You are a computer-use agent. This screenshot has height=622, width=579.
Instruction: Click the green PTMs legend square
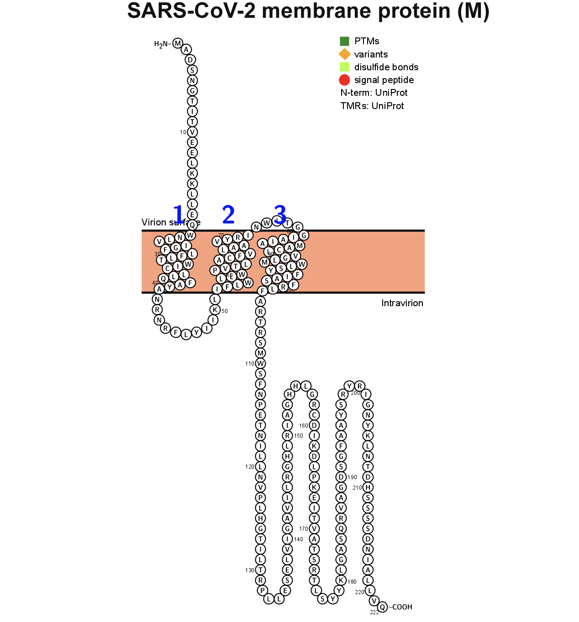[344, 42]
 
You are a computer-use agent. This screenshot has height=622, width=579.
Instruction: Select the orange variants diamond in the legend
[344, 54]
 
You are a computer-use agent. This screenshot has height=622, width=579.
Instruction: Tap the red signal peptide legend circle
[344, 80]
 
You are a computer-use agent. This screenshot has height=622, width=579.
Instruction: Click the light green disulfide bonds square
[344, 67]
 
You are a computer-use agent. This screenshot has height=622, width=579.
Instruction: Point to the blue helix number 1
[178, 214]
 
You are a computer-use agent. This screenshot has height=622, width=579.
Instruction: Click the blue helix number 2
[228, 214]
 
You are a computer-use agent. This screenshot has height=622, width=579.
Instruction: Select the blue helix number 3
[280, 214]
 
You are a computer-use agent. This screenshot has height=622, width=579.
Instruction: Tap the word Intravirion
[402, 303]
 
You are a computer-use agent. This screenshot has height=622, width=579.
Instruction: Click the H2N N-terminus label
[162, 44]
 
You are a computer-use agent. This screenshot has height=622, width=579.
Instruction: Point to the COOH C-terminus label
[402, 607]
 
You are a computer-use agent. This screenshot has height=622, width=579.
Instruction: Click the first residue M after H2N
[178, 43]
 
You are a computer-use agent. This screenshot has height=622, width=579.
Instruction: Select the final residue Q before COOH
[383, 606]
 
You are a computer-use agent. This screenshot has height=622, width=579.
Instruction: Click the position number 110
[250, 364]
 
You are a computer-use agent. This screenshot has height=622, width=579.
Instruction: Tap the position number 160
[304, 426]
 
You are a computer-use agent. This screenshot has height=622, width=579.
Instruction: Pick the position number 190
[353, 477]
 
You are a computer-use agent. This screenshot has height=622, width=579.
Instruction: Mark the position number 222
[374, 612]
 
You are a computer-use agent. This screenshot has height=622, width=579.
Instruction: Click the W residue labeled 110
[260, 363]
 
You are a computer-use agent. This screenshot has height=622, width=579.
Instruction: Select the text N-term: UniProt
[374, 93]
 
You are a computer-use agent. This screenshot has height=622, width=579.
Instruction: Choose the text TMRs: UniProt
[372, 106]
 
